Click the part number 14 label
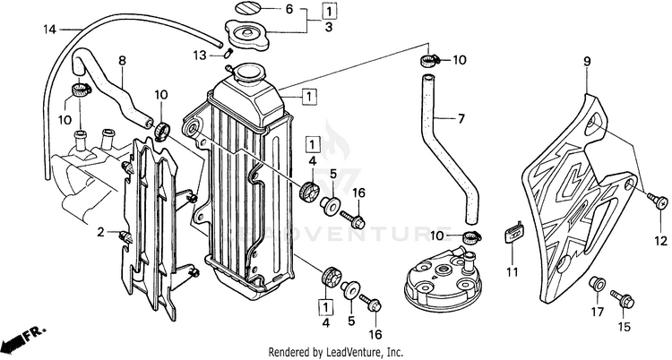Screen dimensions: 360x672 coord(50,29)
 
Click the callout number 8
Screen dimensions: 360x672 coord(122,61)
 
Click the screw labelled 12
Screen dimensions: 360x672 coord(661,202)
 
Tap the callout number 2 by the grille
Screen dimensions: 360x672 coord(100,232)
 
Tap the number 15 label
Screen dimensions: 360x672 coord(624,326)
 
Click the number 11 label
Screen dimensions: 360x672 coord(512,271)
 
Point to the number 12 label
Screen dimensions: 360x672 coord(661,241)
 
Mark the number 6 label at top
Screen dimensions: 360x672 coord(289,10)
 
